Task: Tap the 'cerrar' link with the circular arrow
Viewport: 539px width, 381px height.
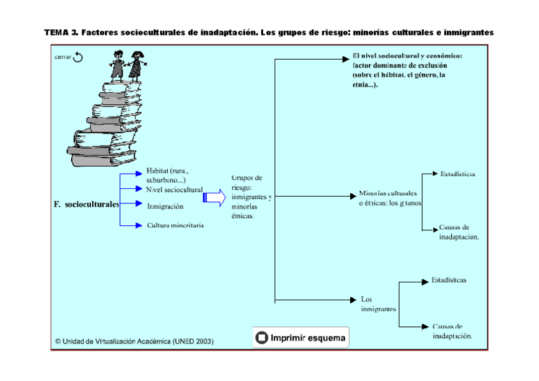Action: click(69, 58)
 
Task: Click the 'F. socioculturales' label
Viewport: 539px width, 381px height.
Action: click(86, 205)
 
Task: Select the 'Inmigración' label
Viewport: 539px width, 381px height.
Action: click(165, 207)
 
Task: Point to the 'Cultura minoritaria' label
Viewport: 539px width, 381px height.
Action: click(175, 225)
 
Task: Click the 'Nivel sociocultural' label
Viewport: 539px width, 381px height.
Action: click(174, 190)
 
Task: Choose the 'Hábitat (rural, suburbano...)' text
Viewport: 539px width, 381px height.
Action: click(168, 176)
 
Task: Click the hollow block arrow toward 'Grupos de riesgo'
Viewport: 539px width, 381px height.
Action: click(214, 198)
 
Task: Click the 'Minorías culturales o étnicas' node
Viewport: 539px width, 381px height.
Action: click(390, 198)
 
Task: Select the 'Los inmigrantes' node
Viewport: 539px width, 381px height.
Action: click(379, 304)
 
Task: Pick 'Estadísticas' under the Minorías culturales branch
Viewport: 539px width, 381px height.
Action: click(458, 174)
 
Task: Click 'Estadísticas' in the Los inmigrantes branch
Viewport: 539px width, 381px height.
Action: click(449, 280)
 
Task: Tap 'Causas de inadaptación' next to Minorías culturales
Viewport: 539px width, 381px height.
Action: click(458, 232)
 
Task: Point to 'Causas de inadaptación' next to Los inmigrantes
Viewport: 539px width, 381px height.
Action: click(452, 331)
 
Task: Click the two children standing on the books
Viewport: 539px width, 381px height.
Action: click(127, 65)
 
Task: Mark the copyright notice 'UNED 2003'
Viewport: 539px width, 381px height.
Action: click(135, 341)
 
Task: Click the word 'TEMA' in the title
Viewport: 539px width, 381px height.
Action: click(57, 32)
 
